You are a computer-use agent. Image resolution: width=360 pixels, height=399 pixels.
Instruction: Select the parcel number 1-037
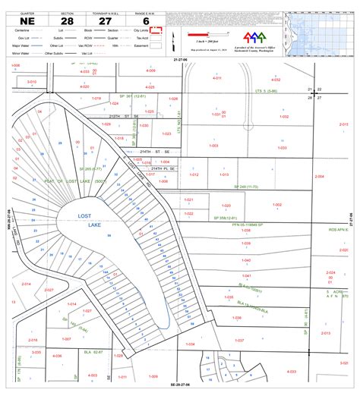(x=240, y=341)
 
